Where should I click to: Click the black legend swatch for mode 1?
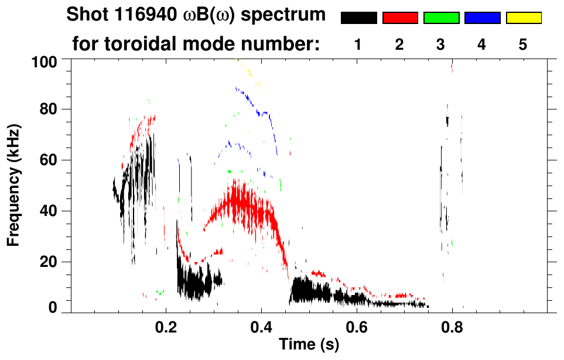(x=359, y=18)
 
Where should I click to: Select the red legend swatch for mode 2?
(x=400, y=18)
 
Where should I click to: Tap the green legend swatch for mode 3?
(x=441, y=18)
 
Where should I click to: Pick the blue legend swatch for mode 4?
(x=482, y=18)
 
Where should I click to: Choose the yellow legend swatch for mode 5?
(x=523, y=18)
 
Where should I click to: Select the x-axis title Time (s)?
(x=308, y=345)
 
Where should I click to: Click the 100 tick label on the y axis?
(x=45, y=61)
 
